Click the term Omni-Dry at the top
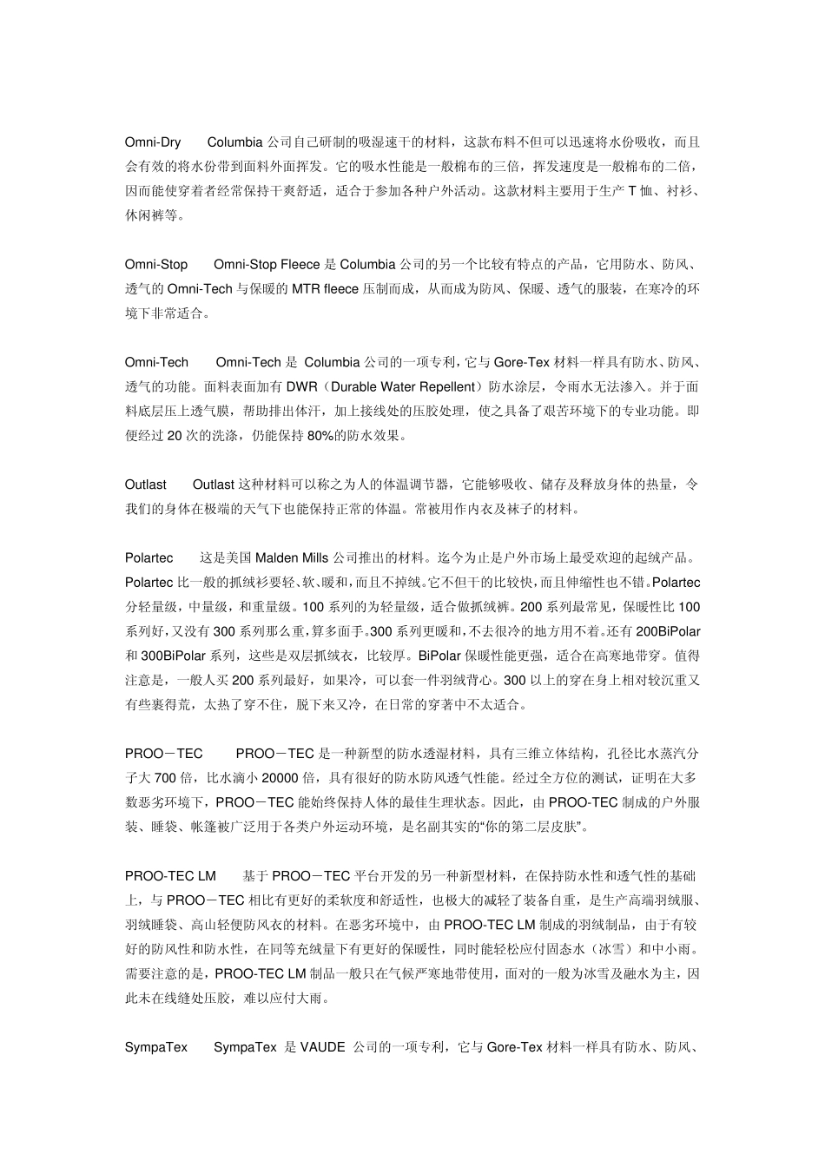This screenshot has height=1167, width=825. pyautogui.click(x=153, y=142)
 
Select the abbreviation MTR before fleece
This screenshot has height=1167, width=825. pyautogui.click(x=306, y=288)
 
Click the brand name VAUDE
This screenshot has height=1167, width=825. pyautogui.click(x=323, y=1047)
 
